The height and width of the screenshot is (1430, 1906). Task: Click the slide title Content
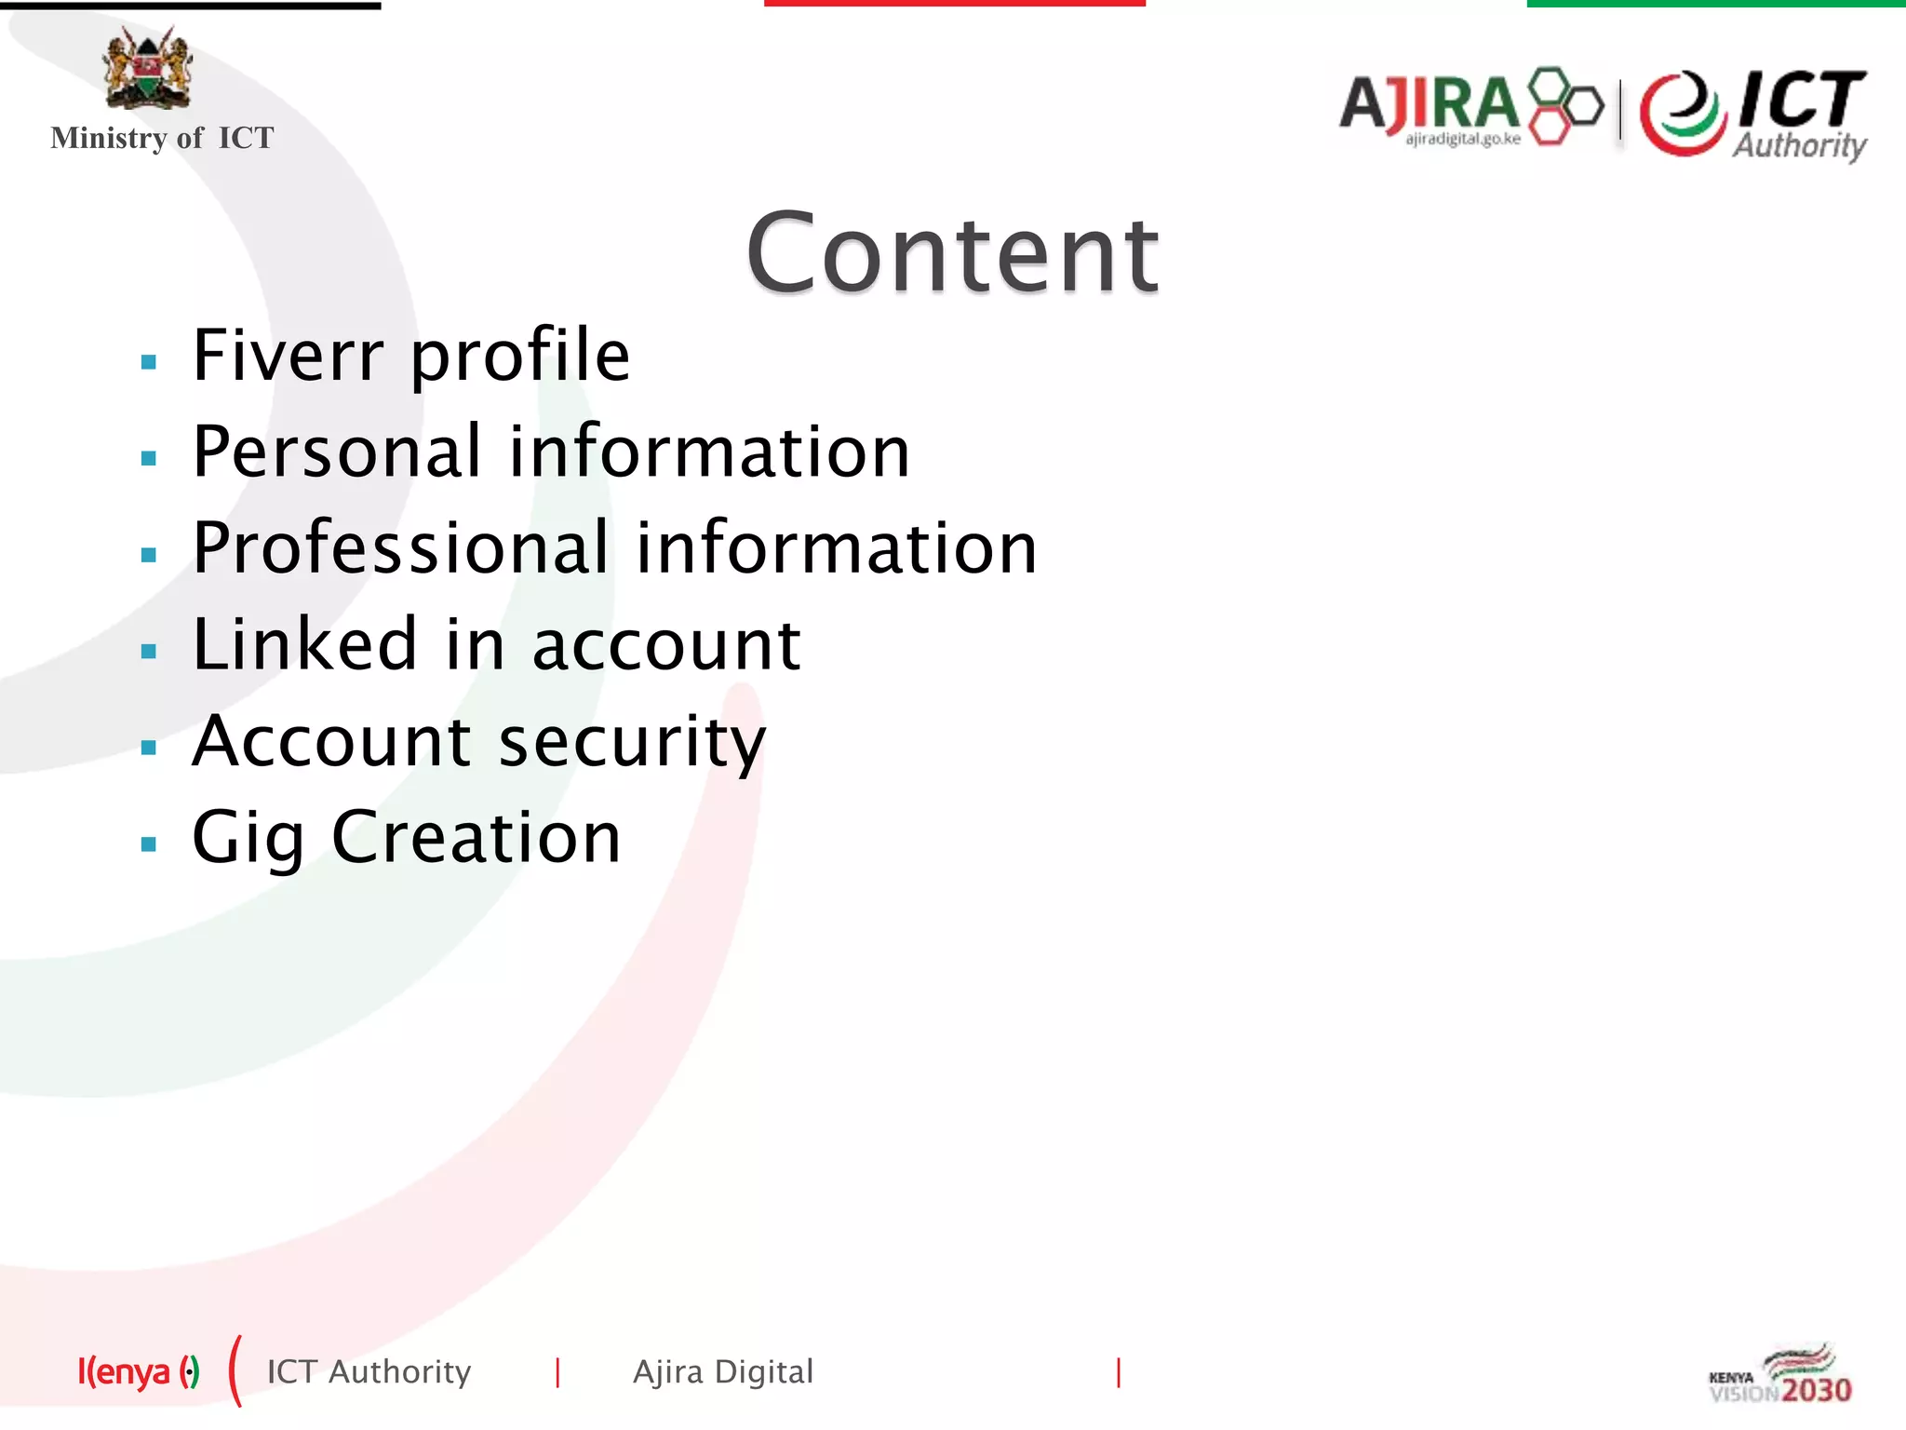pos(952,253)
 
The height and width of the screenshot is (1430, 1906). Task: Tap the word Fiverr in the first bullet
pos(288,356)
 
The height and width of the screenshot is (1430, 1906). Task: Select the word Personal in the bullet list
pos(338,452)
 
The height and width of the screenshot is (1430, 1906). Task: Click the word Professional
pos(401,548)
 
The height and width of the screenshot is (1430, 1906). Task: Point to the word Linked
pos(304,644)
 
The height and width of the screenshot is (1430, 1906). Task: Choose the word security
pos(632,743)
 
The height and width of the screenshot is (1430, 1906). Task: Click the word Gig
pos(248,838)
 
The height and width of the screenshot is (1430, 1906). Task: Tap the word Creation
pos(476,838)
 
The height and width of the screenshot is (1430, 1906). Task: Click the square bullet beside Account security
pos(149,748)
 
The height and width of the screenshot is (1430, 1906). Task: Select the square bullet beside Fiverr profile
pos(149,362)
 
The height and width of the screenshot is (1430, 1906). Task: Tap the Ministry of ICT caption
pos(162,138)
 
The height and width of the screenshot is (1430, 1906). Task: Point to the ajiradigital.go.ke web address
pos(1462,140)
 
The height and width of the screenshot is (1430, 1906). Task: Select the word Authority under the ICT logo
pos(1799,145)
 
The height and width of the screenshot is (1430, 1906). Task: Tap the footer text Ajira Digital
pos(723,1372)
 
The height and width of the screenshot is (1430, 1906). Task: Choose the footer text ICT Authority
pos(369,1372)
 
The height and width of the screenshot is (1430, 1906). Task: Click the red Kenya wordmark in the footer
pos(125,1372)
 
